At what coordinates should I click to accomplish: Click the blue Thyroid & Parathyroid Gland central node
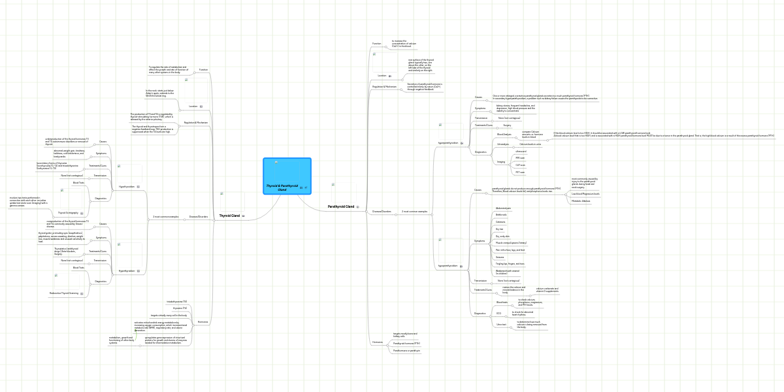pyautogui.click(x=287, y=176)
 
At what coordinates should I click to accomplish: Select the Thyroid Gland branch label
pyautogui.click(x=229, y=216)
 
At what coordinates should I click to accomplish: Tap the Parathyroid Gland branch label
pyautogui.click(x=340, y=206)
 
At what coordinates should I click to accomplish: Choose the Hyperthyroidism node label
pyautogui.click(x=126, y=270)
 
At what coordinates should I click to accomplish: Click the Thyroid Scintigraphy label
pyautogui.click(x=68, y=212)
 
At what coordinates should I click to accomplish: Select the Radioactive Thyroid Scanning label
pyautogui.click(x=64, y=293)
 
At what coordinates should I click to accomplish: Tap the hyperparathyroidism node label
pyautogui.click(x=448, y=142)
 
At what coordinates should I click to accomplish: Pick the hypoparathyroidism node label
pyautogui.click(x=448, y=266)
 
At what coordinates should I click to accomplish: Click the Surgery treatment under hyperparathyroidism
pyautogui.click(x=507, y=125)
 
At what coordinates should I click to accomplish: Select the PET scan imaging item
pyautogui.click(x=520, y=172)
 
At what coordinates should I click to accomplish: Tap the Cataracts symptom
pyautogui.click(x=500, y=222)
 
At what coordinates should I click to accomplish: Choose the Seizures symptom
pyautogui.click(x=500, y=257)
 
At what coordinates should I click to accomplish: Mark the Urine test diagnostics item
pyautogui.click(x=501, y=324)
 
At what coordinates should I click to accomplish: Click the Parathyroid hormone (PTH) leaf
pyautogui.click(x=406, y=343)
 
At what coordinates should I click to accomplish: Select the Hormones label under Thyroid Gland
pyautogui.click(x=203, y=322)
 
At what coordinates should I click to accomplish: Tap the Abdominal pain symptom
pyautogui.click(x=504, y=208)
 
